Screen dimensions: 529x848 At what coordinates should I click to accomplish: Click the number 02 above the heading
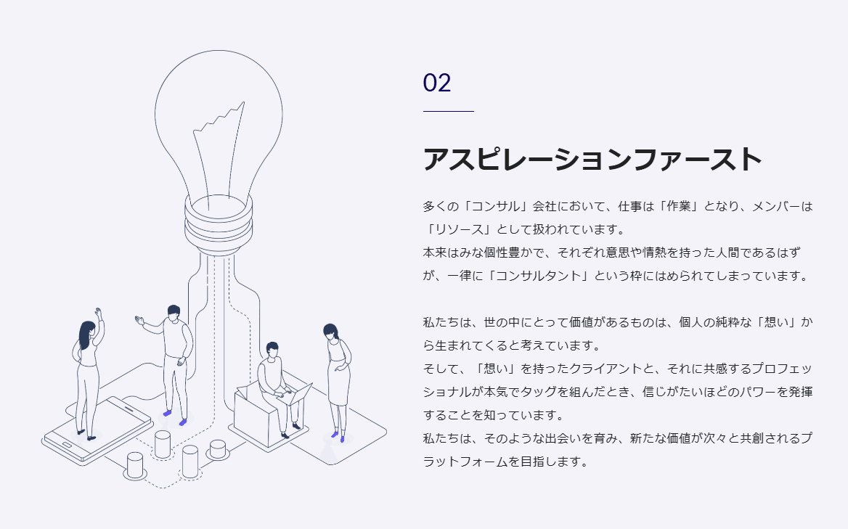[x=437, y=83]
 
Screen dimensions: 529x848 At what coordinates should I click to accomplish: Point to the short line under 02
[x=448, y=112]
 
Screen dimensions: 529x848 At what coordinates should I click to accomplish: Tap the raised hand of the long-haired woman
[x=99, y=313]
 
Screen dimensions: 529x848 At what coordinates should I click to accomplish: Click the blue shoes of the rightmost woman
[x=338, y=436]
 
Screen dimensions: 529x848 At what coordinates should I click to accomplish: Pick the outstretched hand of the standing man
[x=139, y=319]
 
